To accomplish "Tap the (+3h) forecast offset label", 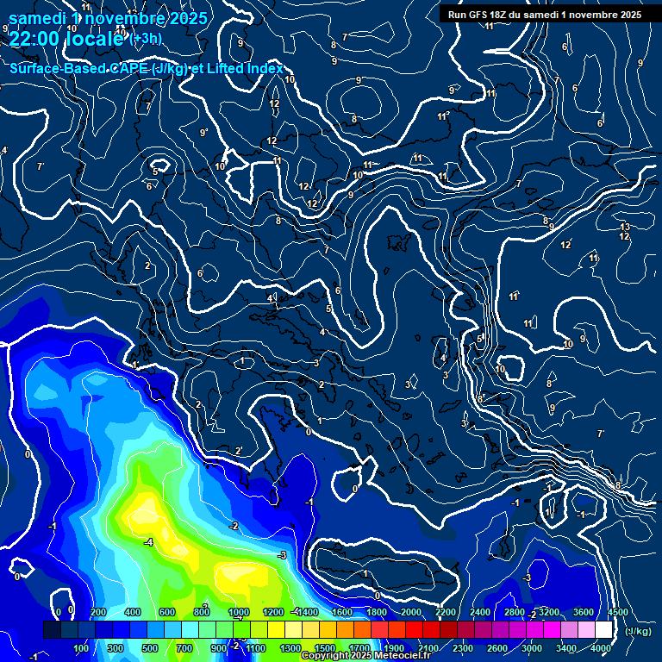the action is (145, 38).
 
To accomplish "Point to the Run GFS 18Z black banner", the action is (544, 15).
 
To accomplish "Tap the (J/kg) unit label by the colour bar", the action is (637, 632).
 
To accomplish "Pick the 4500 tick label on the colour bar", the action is (618, 612).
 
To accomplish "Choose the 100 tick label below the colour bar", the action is (82, 648).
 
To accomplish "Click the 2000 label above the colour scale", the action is (411, 612).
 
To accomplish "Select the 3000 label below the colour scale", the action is (532, 648).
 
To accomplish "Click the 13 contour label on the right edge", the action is (625, 227).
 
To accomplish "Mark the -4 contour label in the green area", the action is (148, 542).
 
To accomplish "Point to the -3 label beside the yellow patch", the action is (281, 555).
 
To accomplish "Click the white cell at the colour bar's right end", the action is (603, 630).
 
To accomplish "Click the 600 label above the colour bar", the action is (167, 612).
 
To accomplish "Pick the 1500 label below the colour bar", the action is (325, 648).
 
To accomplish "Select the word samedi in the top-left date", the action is (38, 17).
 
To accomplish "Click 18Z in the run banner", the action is (497, 15).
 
